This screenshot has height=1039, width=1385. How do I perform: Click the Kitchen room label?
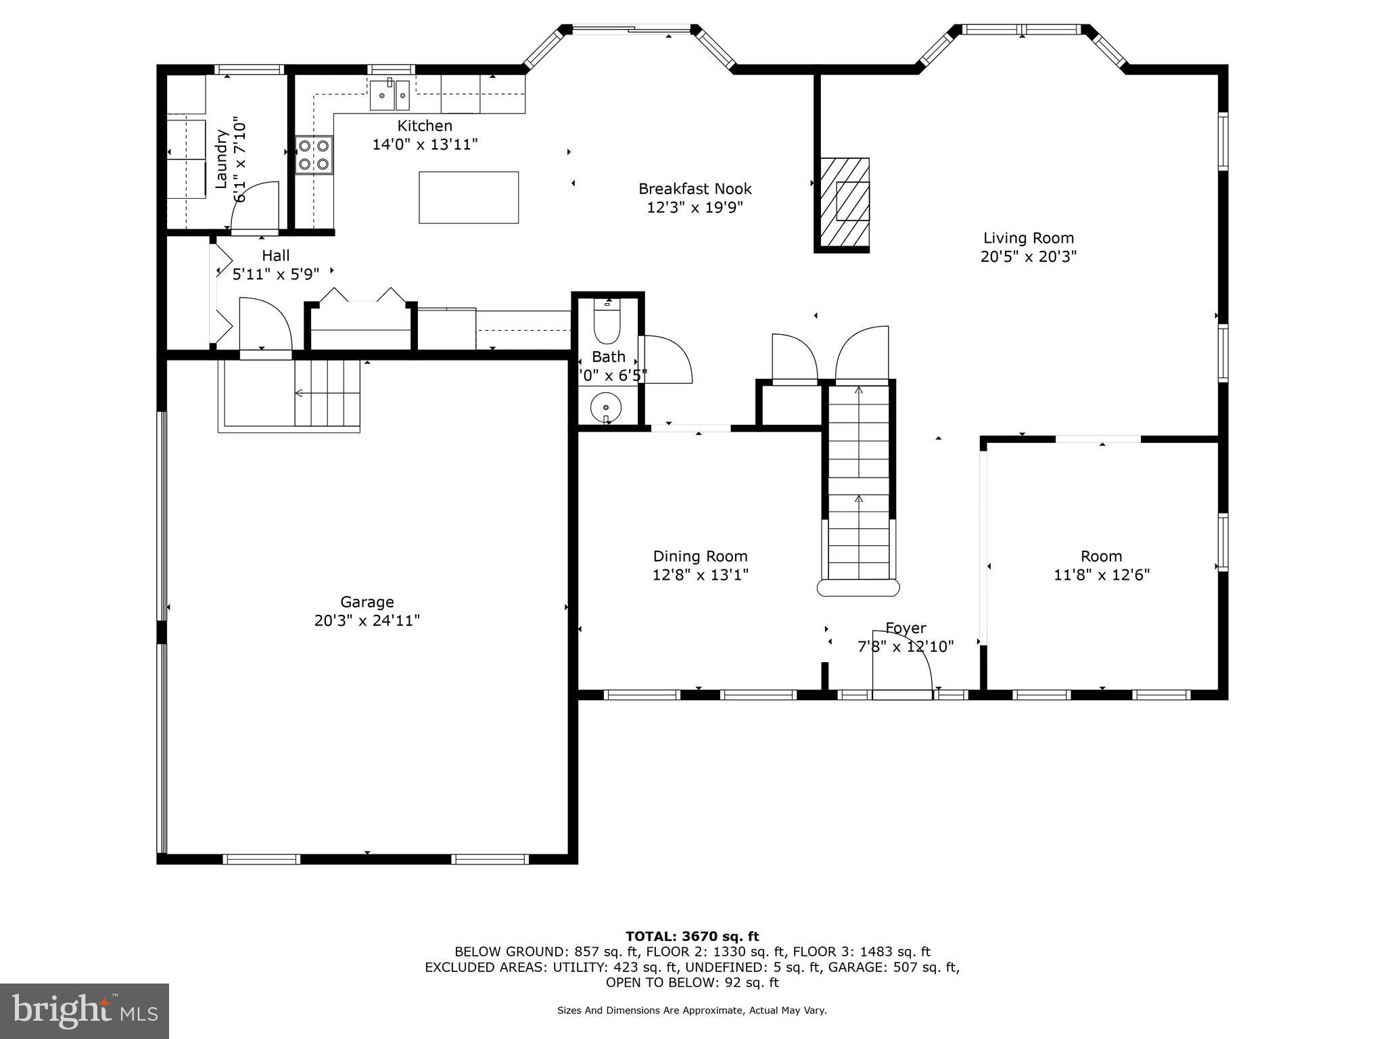coord(425,126)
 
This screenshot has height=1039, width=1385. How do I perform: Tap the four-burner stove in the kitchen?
coord(314,154)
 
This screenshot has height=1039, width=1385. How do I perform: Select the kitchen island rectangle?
coord(469,198)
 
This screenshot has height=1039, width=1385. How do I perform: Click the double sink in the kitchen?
coord(390,95)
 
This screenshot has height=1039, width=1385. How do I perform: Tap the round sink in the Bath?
coord(606,408)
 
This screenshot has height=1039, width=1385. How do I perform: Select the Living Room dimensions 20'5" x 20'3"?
coord(1028,257)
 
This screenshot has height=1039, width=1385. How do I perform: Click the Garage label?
coord(367,601)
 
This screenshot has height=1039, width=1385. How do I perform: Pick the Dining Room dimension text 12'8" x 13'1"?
coord(700,575)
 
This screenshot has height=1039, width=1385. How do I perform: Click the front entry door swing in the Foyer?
coord(901,663)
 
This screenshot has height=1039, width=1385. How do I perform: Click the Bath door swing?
coord(666,360)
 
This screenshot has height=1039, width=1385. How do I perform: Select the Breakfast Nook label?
coord(695,189)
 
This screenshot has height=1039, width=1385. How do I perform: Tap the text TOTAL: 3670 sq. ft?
coord(692,936)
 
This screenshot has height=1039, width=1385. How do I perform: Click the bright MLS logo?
coord(84,1011)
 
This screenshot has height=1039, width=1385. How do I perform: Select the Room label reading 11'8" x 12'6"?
coord(1101,575)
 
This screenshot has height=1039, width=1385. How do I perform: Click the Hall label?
coord(275,256)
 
